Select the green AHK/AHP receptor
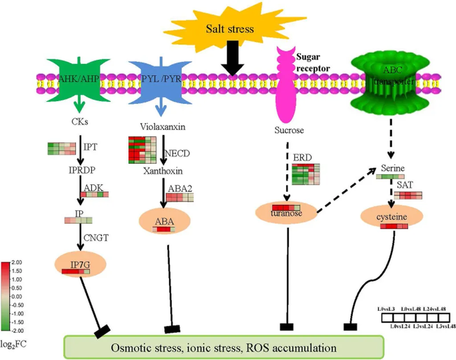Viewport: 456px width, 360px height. [79, 80]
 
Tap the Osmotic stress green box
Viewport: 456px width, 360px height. [224, 347]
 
